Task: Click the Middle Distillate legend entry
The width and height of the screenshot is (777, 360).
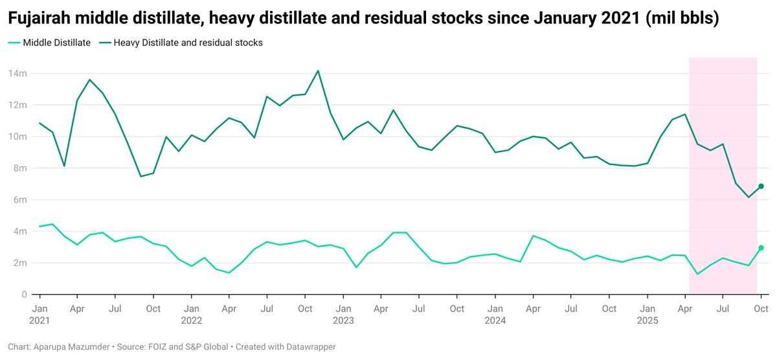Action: [x=56, y=43]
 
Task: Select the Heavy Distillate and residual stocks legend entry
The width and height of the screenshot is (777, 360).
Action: [x=188, y=43]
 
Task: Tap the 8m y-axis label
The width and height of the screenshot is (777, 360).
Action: [x=19, y=168]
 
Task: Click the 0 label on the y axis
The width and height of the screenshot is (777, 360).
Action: [x=23, y=295]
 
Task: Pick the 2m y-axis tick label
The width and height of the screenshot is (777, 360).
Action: [x=19, y=263]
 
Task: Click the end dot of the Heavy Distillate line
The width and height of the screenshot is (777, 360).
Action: [x=761, y=186]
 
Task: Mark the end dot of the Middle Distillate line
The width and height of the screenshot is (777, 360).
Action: [x=761, y=248]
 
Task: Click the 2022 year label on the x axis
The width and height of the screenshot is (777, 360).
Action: [x=192, y=321]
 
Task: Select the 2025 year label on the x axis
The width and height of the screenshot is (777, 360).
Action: [x=647, y=321]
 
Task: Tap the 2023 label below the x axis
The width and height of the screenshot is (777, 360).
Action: [x=343, y=321]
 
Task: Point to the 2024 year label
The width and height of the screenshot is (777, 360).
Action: [x=495, y=321]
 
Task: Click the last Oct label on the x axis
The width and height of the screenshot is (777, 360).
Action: [x=761, y=309]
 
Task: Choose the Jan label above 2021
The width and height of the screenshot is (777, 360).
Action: [x=39, y=309]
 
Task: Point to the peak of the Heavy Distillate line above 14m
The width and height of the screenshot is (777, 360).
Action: [x=318, y=71]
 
